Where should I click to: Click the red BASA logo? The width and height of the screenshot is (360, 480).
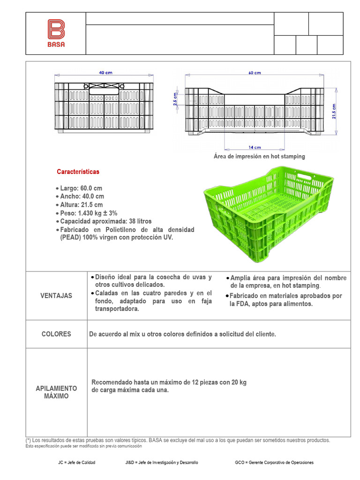point(56,33)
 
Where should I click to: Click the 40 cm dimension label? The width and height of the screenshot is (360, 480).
point(105,73)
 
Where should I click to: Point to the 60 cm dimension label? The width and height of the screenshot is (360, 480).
point(255,73)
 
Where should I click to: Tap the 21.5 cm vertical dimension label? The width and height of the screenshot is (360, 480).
point(334,112)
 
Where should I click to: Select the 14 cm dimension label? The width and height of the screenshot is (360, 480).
point(255,147)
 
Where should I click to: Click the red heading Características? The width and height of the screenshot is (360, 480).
point(78,172)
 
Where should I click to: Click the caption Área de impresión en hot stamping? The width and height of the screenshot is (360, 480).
point(259,156)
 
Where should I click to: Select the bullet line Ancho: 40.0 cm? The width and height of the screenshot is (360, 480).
point(82,196)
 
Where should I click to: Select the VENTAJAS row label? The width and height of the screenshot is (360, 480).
point(56,296)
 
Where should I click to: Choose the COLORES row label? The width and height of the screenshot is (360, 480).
point(56,334)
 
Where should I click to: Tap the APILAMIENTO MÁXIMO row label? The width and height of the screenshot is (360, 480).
point(56,392)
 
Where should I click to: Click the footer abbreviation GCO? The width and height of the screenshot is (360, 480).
point(240,463)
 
